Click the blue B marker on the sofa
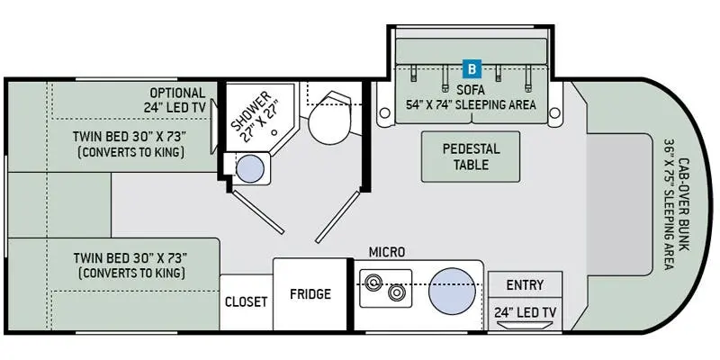coord(472,69)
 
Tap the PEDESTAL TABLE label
coord(471,157)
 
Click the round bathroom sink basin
coord(250,169)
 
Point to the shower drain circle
coord(274,132)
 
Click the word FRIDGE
coord(310,294)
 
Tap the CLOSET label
coord(246,301)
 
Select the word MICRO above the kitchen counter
coord(387,252)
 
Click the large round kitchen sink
coord(453,291)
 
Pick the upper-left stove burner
coord(373,282)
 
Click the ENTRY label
coord(525,285)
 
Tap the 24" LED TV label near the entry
coord(525,312)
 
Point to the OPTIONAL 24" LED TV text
coord(175,100)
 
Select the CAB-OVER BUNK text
coord(684,204)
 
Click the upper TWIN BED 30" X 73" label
coord(130,137)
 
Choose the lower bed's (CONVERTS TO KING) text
coord(131,274)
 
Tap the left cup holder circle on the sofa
coord(385,112)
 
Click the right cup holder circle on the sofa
coord(554,112)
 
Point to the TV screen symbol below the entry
coord(525,326)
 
